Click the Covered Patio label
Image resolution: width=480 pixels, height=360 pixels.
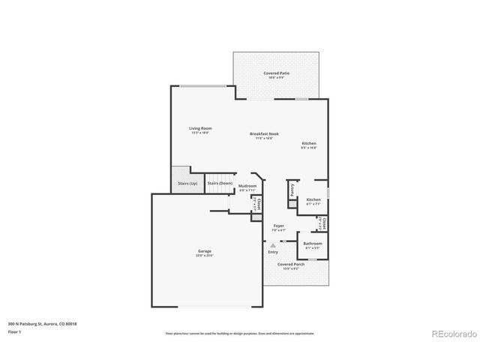(276, 73)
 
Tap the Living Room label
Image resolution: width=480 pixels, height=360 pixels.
(199, 128)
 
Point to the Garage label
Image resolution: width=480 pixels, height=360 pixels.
(205, 250)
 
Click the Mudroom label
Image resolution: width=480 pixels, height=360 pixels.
(247, 186)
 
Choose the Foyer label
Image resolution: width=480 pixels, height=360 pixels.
(278, 225)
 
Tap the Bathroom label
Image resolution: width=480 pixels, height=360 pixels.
(313, 243)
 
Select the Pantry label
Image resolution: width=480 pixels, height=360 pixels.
(292, 190)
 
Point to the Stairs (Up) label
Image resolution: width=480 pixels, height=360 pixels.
(187, 183)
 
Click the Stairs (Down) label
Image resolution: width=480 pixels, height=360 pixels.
(220, 183)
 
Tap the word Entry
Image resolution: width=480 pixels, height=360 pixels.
(273, 251)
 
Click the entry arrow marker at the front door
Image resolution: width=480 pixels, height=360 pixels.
(273, 244)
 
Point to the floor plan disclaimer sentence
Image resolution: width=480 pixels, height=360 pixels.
(239, 333)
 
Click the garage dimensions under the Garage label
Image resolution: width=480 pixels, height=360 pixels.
(205, 255)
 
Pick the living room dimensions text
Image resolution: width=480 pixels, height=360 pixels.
(199, 133)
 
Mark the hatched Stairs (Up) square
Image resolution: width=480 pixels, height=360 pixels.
(178, 174)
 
